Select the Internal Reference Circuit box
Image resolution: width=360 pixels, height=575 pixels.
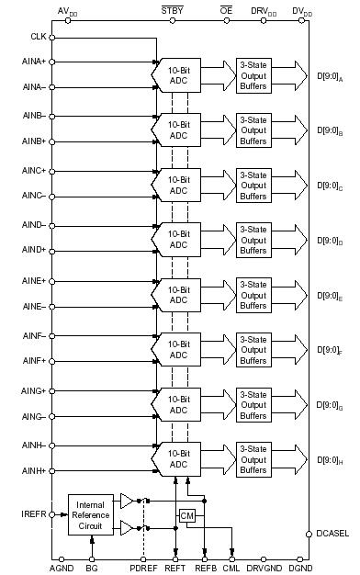tap(89, 513)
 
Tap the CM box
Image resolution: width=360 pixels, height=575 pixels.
tap(187, 516)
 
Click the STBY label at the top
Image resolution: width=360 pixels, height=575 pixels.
tap(172, 10)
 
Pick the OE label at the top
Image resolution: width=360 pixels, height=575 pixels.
tap(226, 10)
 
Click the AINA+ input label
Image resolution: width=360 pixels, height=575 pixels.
tap(34, 62)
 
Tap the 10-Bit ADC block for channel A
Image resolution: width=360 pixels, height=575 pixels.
tap(178, 74)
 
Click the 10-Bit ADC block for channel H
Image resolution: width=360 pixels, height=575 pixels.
tap(178, 457)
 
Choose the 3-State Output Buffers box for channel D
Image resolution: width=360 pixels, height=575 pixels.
tap(253, 239)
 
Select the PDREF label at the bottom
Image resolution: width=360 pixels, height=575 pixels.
tap(142, 569)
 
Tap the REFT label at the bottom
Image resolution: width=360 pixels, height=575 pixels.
tap(174, 569)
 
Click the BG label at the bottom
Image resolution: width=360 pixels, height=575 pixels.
tap(92, 569)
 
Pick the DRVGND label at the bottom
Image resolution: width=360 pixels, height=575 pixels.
tap(265, 569)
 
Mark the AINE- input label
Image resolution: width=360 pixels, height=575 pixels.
tap(34, 307)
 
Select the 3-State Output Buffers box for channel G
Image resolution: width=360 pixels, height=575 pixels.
tap(253, 402)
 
